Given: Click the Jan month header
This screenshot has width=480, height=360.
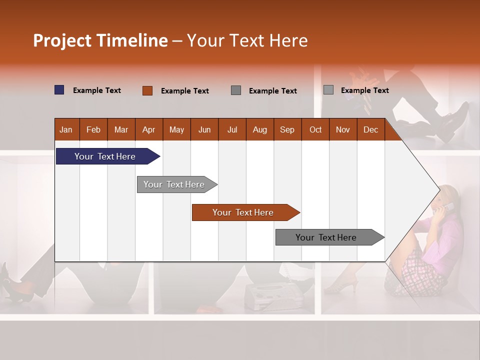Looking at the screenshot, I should (66, 129).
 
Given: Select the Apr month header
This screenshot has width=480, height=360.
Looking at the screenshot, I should (148, 129).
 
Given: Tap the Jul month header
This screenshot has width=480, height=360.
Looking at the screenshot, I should (232, 129).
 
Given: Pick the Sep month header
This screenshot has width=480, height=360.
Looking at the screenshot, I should (287, 129).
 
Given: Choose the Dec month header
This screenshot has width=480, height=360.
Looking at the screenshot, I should (370, 129).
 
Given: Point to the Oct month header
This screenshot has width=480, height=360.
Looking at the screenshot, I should (315, 129).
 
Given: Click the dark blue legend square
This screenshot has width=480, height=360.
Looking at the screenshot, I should (59, 90).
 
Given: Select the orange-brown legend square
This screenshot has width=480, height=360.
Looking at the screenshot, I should (147, 90).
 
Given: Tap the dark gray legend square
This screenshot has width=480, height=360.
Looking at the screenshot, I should (236, 90).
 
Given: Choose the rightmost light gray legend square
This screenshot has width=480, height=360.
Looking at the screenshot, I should (328, 90).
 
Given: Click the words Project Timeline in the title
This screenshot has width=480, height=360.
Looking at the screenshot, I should (100, 40).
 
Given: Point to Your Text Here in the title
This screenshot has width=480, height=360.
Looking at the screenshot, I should (247, 40).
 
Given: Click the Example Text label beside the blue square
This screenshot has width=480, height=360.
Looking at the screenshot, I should (97, 90).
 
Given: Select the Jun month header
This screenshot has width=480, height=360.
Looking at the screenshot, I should (204, 129).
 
